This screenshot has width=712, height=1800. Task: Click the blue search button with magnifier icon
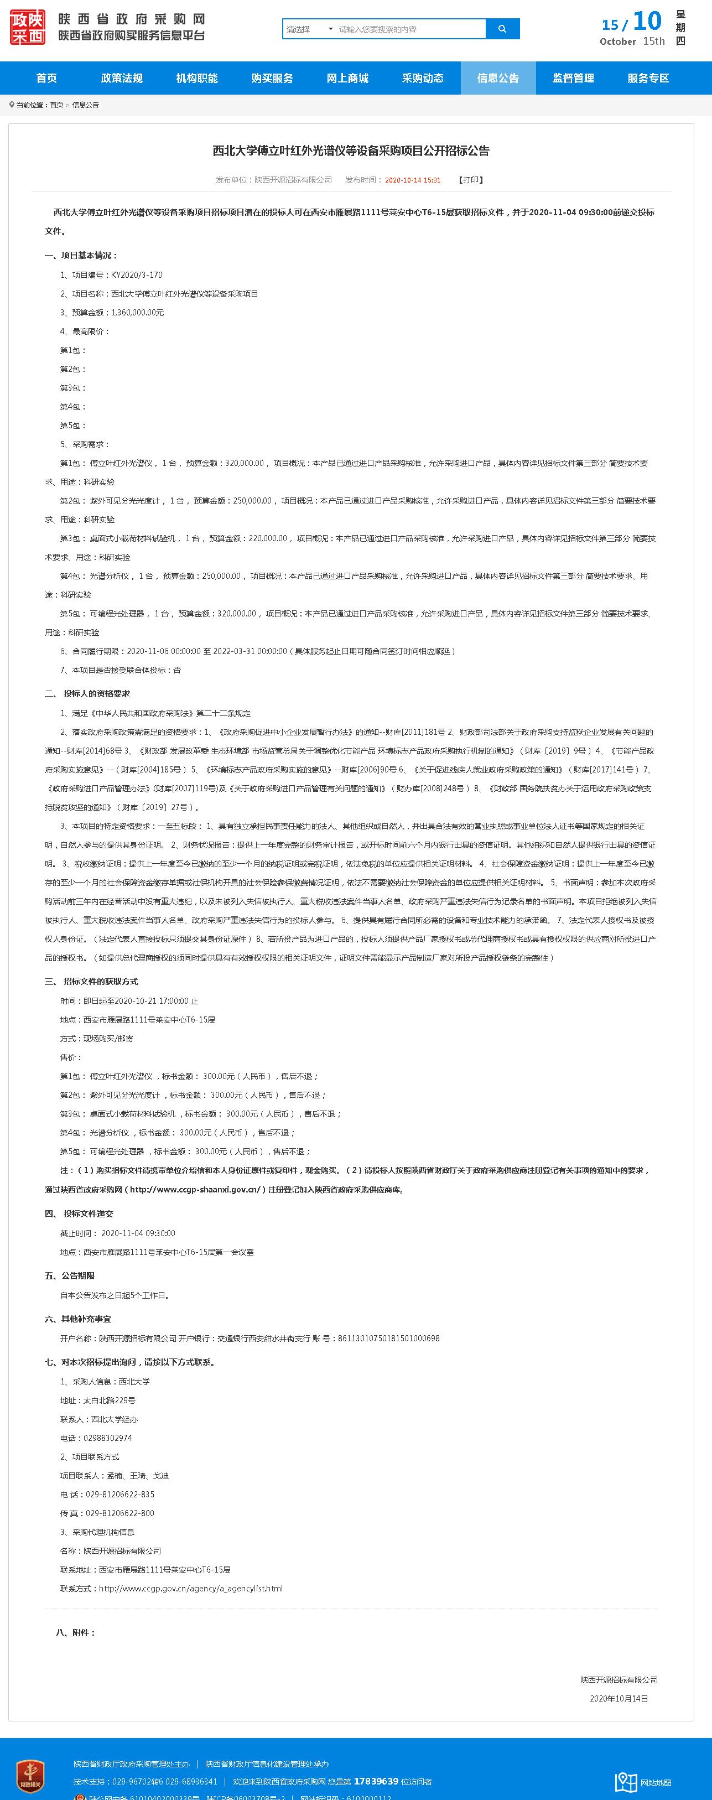pyautogui.click(x=502, y=29)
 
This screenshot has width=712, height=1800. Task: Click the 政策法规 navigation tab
pyautogui.click(x=122, y=78)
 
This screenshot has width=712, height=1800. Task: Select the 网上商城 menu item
pyautogui.click(x=347, y=78)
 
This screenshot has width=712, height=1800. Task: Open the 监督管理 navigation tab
pyautogui.click(x=573, y=78)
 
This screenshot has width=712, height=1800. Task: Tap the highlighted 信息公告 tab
pyautogui.click(x=497, y=78)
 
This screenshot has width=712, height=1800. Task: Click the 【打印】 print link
pyautogui.click(x=471, y=180)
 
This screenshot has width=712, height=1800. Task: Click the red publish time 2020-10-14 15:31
pyautogui.click(x=413, y=180)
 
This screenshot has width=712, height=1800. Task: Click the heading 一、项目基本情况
pyautogui.click(x=82, y=256)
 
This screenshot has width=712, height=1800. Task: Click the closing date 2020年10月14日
pyautogui.click(x=619, y=1699)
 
